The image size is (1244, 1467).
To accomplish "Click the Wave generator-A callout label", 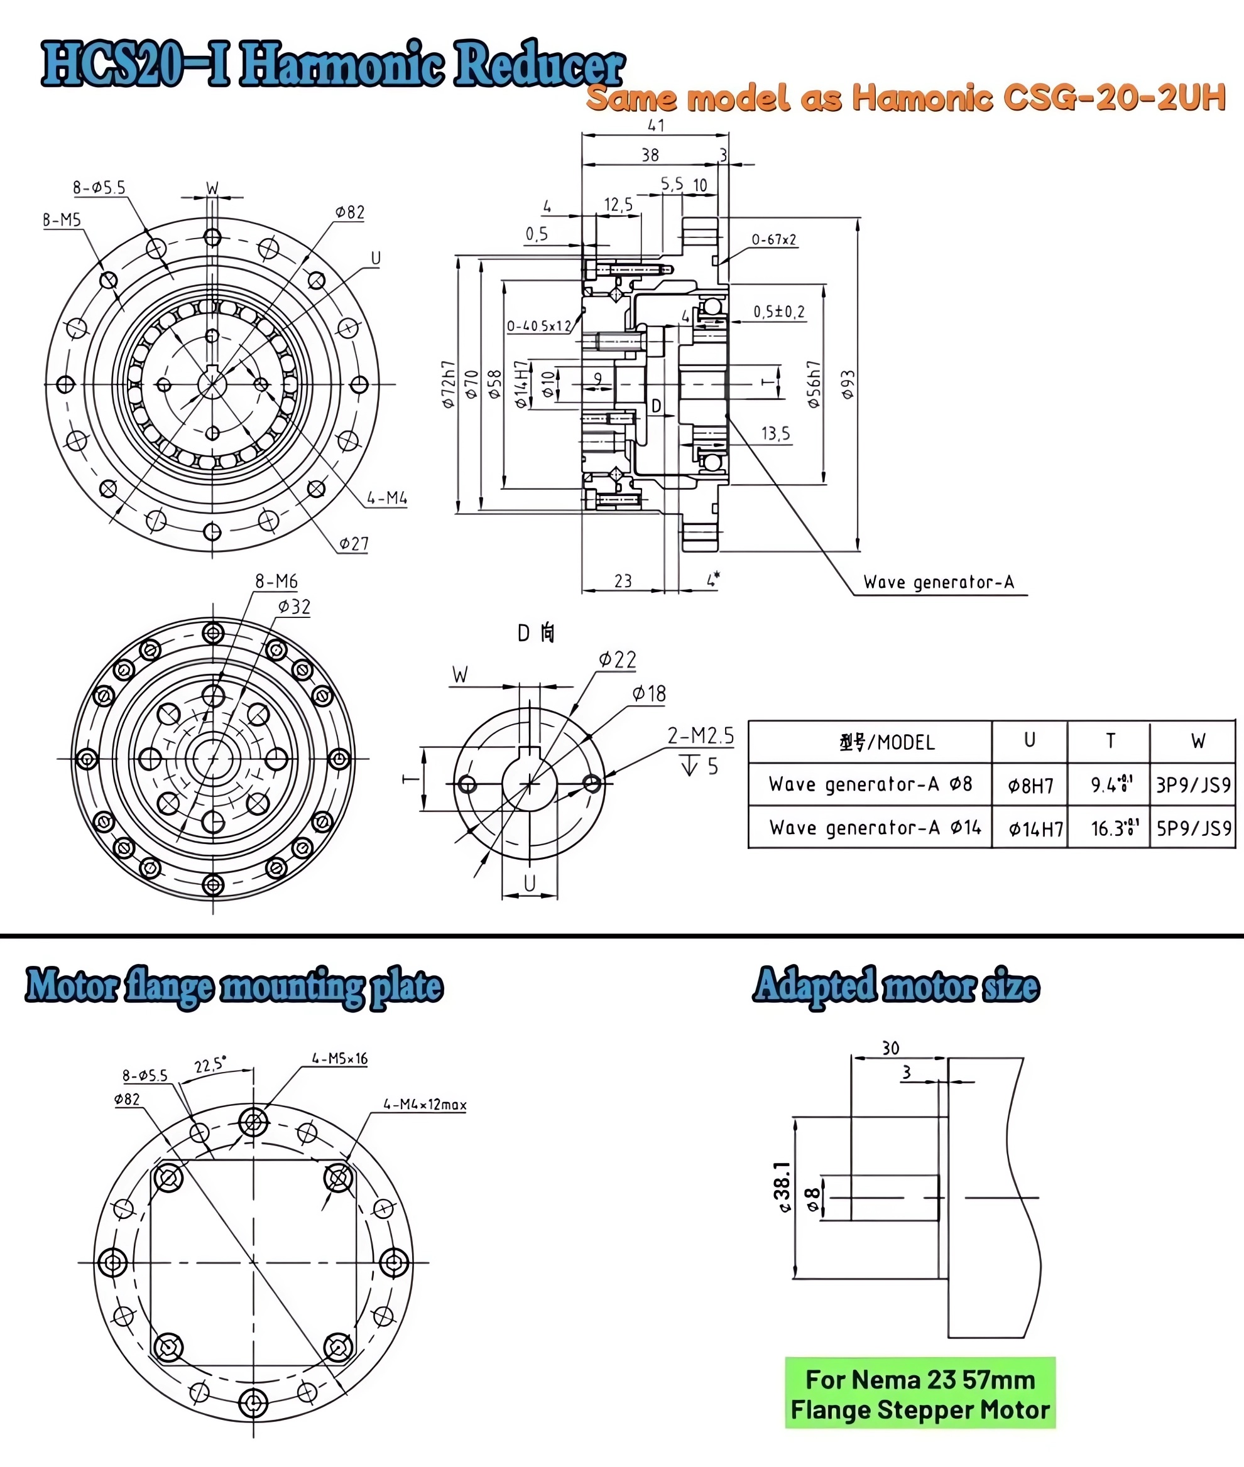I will [938, 582].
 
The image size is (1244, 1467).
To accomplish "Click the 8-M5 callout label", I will [62, 220].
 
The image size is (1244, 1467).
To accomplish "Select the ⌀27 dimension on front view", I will [353, 543].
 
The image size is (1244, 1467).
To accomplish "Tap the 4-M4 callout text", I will [386, 499].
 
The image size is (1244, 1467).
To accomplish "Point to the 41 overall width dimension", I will [656, 126].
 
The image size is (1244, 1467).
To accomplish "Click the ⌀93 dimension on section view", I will [848, 385].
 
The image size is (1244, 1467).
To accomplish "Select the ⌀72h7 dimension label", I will [449, 384].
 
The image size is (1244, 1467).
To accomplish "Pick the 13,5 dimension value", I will [775, 433].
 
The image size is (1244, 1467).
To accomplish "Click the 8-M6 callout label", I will [276, 582].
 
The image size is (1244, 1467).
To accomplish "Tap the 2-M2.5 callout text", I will [701, 736].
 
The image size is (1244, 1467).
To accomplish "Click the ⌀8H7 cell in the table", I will [1030, 786].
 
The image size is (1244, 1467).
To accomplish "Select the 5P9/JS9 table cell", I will [1193, 828].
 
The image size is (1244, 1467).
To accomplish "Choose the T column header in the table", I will [1110, 741].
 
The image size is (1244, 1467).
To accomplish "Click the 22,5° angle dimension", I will [210, 1065].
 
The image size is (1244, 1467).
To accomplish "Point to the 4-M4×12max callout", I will [425, 1105].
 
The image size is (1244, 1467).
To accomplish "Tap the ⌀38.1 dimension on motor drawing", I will [782, 1187].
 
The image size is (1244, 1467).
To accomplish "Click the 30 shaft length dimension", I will [890, 1048].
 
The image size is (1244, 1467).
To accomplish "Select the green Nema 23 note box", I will [920, 1394].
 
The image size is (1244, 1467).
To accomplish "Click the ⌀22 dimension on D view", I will [617, 660].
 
